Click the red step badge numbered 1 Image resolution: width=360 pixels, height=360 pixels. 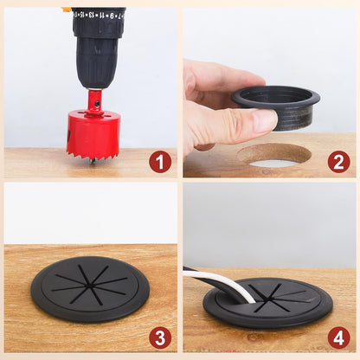tap(159, 162)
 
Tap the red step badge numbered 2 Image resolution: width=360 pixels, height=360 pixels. tap(338, 162)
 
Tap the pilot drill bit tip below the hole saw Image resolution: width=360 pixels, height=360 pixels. tap(93, 161)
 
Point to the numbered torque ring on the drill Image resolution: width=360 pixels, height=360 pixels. tap(98, 16)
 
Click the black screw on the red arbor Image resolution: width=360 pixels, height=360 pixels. tap(98, 103)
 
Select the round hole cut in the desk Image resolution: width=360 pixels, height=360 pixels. tap(274, 156)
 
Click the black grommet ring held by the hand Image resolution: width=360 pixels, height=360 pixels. tap(277, 106)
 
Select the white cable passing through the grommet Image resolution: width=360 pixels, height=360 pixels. tap(227, 285)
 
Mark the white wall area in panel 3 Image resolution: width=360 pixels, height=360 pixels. tap(90, 212)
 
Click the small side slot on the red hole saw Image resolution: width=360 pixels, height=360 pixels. tap(70, 138)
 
